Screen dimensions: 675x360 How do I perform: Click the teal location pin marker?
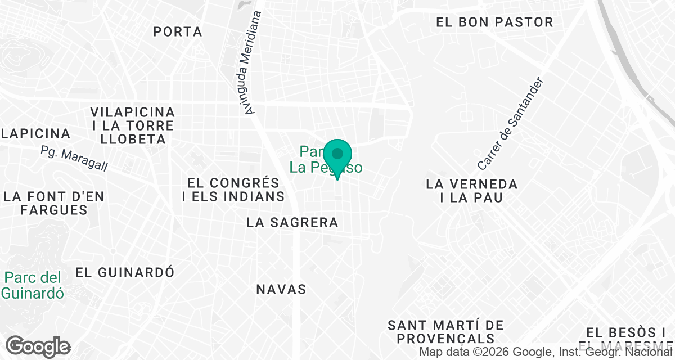pyautogui.click(x=337, y=158)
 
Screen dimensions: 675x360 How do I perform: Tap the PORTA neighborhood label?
pyautogui.click(x=178, y=31)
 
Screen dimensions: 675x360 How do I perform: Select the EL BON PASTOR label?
pyautogui.click(x=495, y=22)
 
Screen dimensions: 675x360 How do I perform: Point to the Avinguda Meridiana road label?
pyautogui.click(x=251, y=63)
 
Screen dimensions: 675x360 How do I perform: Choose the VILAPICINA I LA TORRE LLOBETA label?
pyautogui.click(x=133, y=125)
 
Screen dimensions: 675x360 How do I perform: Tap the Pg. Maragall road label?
pyautogui.click(x=74, y=159)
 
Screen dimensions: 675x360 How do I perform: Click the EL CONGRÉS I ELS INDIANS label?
pyautogui.click(x=233, y=190)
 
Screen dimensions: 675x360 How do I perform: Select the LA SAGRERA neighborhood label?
pyautogui.click(x=292, y=223)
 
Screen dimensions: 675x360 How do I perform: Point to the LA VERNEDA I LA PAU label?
pyautogui.click(x=472, y=191)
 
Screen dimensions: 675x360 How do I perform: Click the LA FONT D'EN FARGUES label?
pyautogui.click(x=53, y=203)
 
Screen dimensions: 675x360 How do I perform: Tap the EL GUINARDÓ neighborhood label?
pyautogui.click(x=125, y=272)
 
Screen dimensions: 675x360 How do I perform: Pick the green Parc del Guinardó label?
pyautogui.click(x=32, y=285)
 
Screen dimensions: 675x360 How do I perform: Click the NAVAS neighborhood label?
pyautogui.click(x=281, y=290)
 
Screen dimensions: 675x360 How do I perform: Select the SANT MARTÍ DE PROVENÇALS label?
pyautogui.click(x=445, y=332)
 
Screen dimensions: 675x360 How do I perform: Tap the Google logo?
pyautogui.click(x=38, y=347)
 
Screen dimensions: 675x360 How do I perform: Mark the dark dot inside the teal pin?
pyautogui.click(x=337, y=154)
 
